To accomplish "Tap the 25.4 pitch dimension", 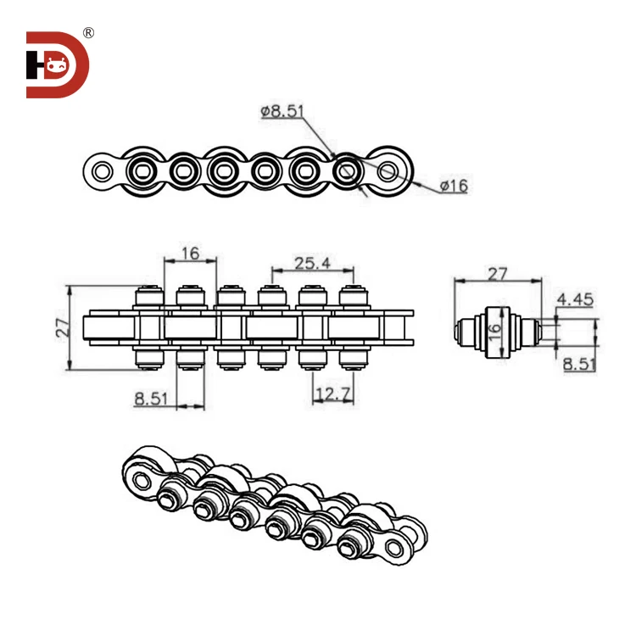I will point(311,263).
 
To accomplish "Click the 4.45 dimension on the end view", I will point(575,299).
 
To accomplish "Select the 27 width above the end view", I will point(497,273).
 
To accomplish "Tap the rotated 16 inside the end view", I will point(496,328).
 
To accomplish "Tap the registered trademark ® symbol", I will point(88,33).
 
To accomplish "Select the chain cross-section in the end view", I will point(496,328).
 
